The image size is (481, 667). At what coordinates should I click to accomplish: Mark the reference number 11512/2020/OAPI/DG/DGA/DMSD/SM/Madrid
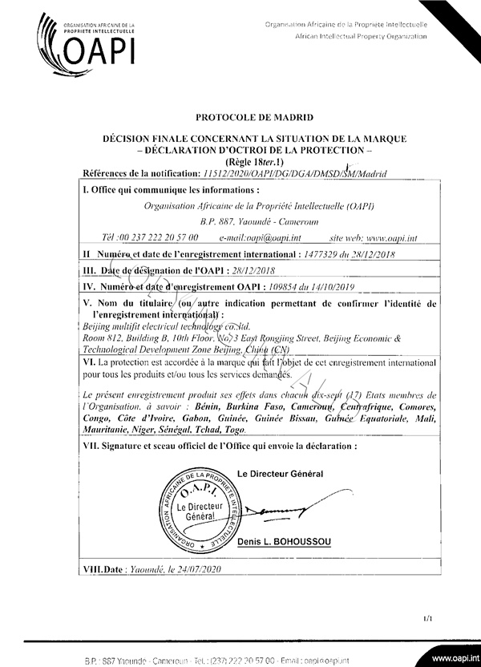[295, 172]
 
